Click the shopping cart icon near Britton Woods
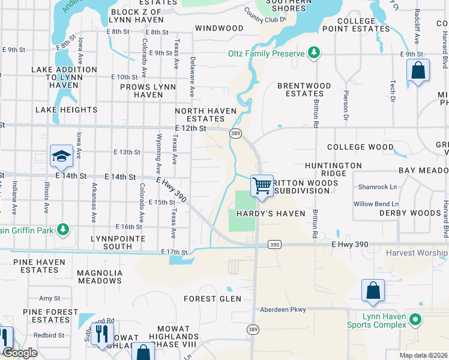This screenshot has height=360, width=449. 262,186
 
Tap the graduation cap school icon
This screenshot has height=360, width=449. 61,157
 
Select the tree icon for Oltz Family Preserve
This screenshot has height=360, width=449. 313,53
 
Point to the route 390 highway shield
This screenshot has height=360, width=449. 274,245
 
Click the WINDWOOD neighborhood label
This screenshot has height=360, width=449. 219,28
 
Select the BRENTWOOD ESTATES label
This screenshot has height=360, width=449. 304,89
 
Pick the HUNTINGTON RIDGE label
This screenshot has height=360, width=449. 333,169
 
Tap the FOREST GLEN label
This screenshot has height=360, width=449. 212,299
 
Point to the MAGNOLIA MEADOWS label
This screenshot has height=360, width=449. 100,277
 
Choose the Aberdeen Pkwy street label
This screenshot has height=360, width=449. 283,310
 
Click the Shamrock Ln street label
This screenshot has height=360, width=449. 377,187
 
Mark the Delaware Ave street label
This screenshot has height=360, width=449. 193,77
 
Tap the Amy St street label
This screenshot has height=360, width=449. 49,298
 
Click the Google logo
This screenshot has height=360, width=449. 20,353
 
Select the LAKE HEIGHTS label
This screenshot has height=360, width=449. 66,110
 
